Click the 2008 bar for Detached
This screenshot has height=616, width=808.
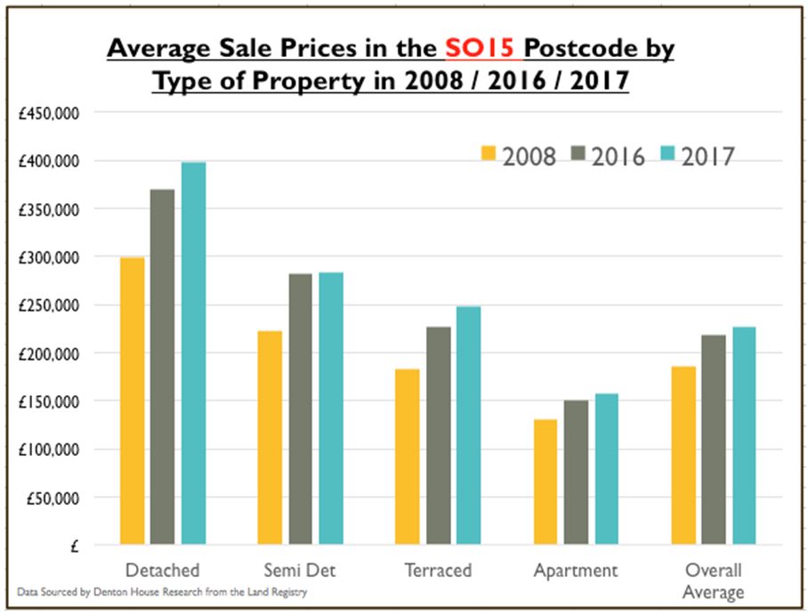[x=132, y=401]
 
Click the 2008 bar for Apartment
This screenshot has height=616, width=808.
[x=545, y=482]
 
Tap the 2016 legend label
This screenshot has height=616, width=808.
[x=618, y=157]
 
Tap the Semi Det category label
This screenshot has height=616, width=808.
[x=300, y=570]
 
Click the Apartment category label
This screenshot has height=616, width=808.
[x=575, y=570]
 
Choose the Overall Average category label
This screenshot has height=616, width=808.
[x=713, y=580]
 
